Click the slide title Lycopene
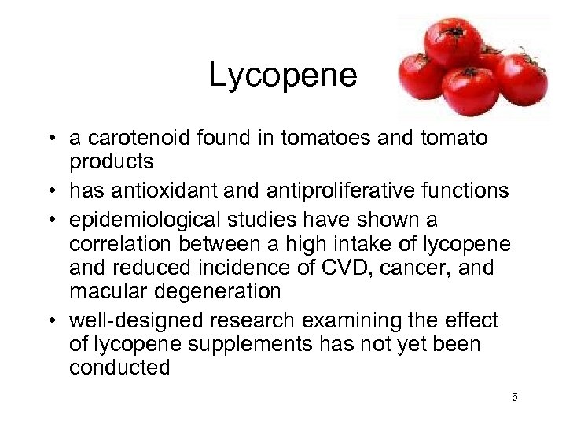282,76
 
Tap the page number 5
515,397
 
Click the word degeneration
215,292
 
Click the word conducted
119,368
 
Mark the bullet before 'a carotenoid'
49,139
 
